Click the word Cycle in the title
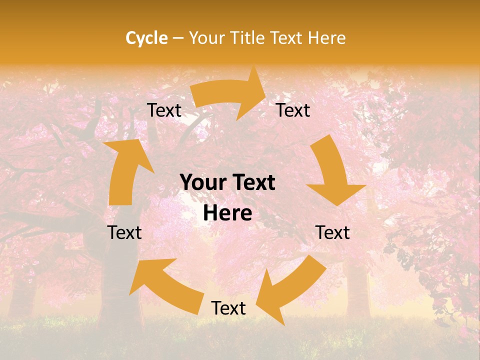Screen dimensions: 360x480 [x=146, y=38]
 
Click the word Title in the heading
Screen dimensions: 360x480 [x=248, y=38]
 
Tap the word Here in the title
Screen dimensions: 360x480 [x=326, y=38]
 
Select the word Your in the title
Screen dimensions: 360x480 [x=206, y=38]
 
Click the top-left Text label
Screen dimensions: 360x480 [x=164, y=110]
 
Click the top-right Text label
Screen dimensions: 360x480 [x=293, y=110]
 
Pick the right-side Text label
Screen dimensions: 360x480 [x=332, y=232]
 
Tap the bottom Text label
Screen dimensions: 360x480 [x=228, y=308]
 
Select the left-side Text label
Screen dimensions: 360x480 [x=124, y=232]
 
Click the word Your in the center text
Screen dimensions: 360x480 [x=201, y=183]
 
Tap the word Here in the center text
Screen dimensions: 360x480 [x=227, y=213]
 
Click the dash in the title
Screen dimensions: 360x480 [x=178, y=38]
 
